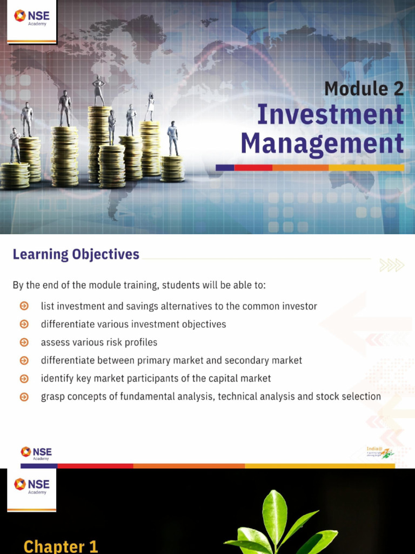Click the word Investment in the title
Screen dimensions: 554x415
330,115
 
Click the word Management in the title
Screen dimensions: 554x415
322,144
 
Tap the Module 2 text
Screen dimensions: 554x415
364,88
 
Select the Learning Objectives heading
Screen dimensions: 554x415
76,254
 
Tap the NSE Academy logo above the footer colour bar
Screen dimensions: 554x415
36,453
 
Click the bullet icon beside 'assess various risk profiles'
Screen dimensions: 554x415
24,342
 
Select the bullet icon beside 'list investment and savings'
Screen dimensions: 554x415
24,306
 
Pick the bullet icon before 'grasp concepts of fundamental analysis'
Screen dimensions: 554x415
24,397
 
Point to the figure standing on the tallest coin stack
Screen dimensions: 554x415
98,91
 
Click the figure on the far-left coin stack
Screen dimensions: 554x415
15,145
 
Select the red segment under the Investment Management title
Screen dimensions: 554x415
253,168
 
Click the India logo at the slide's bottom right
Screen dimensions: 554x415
380,452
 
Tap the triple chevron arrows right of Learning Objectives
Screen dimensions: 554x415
392,265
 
